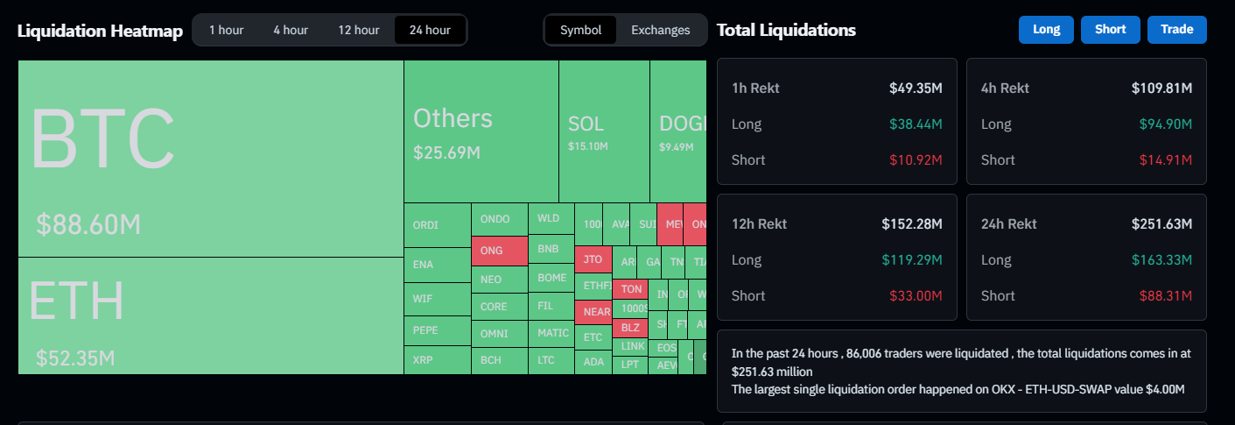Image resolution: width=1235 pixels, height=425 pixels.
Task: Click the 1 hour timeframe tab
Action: point(226,30)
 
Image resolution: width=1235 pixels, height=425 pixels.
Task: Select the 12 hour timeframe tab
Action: point(359,30)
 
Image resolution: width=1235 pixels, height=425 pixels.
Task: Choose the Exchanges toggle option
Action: point(660,30)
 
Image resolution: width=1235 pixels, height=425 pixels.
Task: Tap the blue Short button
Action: point(1110,29)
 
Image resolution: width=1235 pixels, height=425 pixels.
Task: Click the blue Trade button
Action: point(1176,29)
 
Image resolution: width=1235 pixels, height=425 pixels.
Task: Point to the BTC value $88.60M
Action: point(88,224)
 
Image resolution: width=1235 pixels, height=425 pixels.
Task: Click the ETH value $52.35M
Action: point(75,358)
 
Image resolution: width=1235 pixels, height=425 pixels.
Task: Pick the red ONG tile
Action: point(499,251)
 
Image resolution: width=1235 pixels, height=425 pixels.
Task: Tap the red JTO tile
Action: point(593,259)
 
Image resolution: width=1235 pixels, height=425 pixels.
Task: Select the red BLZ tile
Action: point(630,327)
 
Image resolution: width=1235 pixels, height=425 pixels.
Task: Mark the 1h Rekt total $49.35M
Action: point(916,88)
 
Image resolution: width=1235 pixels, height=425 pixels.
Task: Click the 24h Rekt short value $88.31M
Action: point(1165,296)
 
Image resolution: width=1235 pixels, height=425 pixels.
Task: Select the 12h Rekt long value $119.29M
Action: point(913,260)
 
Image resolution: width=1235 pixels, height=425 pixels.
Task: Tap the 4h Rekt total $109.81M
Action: point(1161,88)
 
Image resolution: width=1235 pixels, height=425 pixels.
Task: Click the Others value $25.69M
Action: point(446,152)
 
